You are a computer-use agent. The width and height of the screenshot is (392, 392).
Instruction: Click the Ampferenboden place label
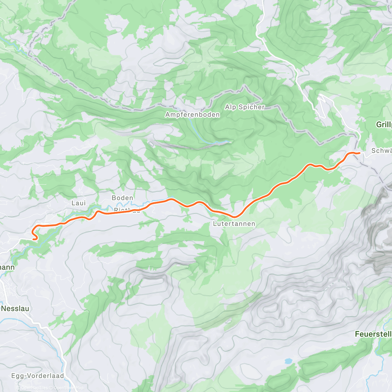coord(192,115)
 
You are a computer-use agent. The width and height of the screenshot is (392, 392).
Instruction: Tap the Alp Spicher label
coord(245,107)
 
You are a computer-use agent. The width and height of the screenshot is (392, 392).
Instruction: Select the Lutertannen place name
coord(234,224)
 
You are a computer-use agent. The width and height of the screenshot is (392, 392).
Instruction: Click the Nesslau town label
coord(15,308)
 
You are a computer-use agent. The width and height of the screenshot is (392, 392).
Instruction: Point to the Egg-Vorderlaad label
coord(38,376)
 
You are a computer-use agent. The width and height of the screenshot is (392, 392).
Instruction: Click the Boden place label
coord(122,198)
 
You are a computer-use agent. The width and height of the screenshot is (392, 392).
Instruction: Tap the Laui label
coord(78,203)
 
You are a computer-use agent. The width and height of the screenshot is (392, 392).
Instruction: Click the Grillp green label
coord(384,124)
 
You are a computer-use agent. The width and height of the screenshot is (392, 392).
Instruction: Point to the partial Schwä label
coord(382,151)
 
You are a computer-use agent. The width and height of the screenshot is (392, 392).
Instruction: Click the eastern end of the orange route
coord(359,153)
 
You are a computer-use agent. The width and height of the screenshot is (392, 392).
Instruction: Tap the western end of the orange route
coord(34,239)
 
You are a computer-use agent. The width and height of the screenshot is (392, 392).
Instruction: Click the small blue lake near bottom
coord(288,361)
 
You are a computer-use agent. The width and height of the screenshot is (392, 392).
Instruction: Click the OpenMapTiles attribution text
coord(32,388)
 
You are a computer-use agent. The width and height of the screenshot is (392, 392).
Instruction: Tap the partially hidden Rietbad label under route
coord(127,210)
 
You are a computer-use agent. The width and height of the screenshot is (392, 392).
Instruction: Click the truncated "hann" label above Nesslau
coord(7,268)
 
